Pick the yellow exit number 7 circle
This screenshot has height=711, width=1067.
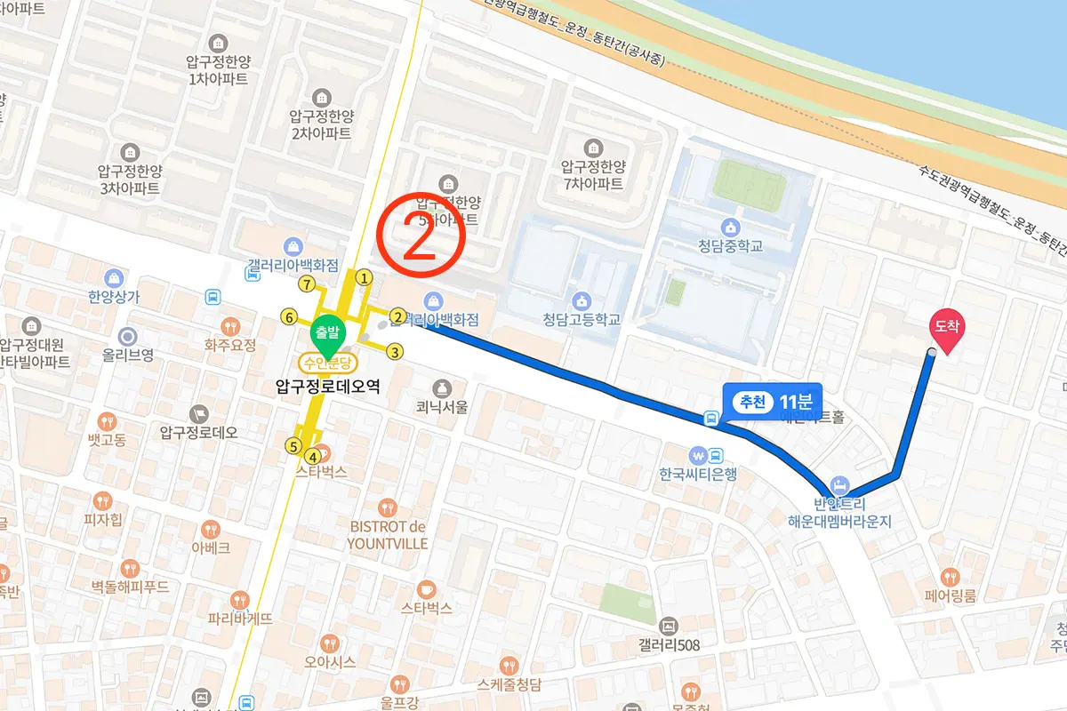pyautogui.click(x=308, y=285)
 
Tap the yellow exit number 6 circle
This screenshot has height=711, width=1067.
pyautogui.click(x=288, y=316)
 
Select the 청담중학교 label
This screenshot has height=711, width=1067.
pyautogui.click(x=731, y=246)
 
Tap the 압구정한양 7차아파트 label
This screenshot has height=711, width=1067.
pyautogui.click(x=593, y=175)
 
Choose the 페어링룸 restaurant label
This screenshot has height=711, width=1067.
pyautogui.click(x=951, y=595)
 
